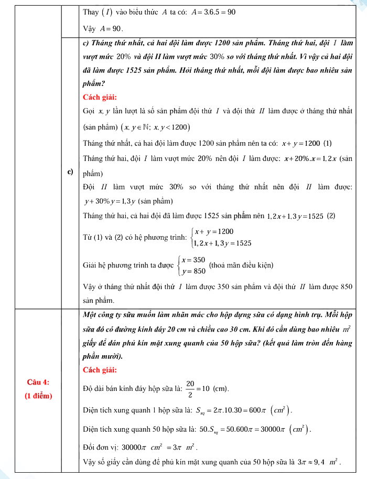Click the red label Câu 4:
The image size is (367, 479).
tap(38, 382)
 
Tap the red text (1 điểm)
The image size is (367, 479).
tap(38, 396)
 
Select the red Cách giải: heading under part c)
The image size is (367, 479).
tap(100, 97)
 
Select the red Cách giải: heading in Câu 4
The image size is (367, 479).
tap(100, 370)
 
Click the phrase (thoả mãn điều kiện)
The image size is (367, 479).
tap(241, 265)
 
